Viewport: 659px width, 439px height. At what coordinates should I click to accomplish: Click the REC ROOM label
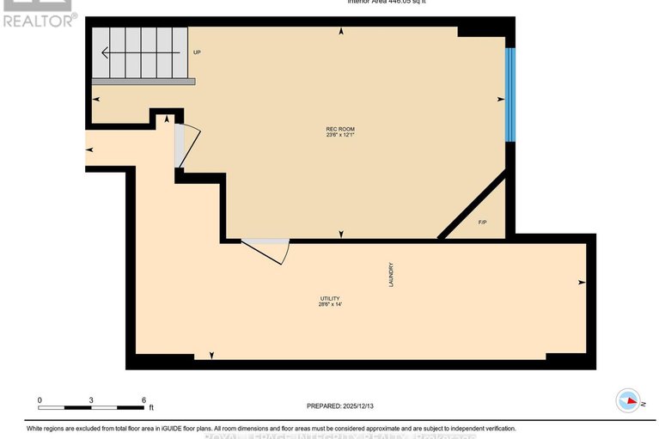coord(340,129)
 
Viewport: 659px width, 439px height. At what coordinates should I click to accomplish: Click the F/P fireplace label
coord(483,223)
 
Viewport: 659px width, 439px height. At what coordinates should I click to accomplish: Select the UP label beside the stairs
coord(197,52)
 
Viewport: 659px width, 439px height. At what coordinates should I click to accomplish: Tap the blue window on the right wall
coord(510,95)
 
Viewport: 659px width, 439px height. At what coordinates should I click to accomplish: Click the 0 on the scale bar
coord(40,399)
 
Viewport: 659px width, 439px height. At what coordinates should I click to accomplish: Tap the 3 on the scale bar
coord(92,399)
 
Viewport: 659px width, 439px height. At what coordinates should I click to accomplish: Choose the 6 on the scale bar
coord(143,399)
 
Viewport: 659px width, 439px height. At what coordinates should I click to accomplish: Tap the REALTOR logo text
coord(40,19)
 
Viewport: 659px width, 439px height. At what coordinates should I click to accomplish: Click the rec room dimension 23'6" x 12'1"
coord(340,136)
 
